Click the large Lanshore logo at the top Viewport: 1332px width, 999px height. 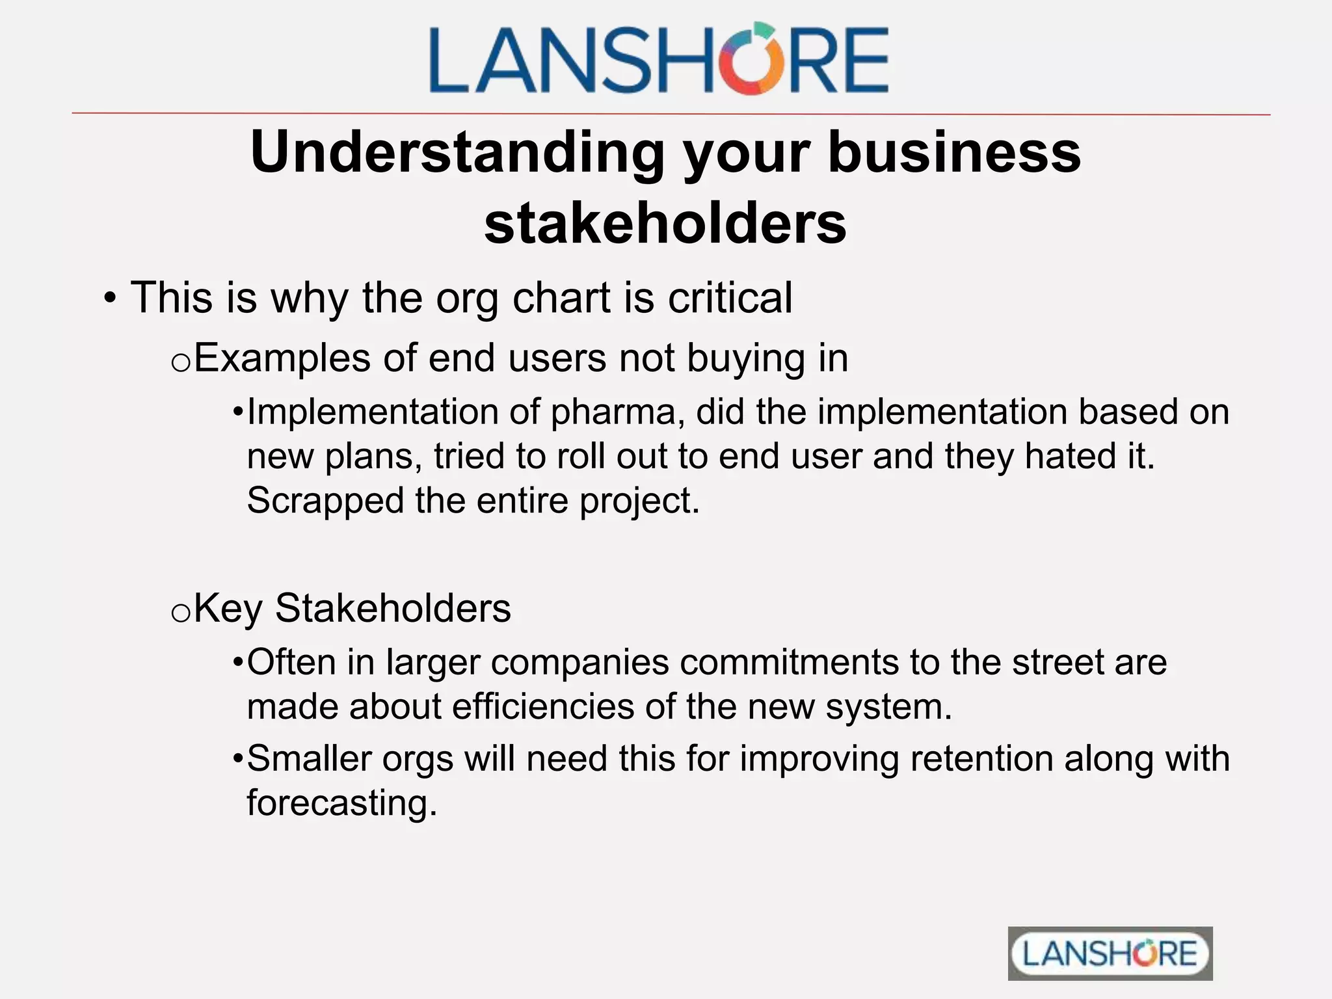(659, 59)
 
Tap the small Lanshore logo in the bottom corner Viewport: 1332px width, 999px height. (1110, 953)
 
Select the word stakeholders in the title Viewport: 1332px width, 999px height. (665, 223)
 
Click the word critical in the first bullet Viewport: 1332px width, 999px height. (730, 298)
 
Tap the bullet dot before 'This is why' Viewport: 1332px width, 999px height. (110, 299)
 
